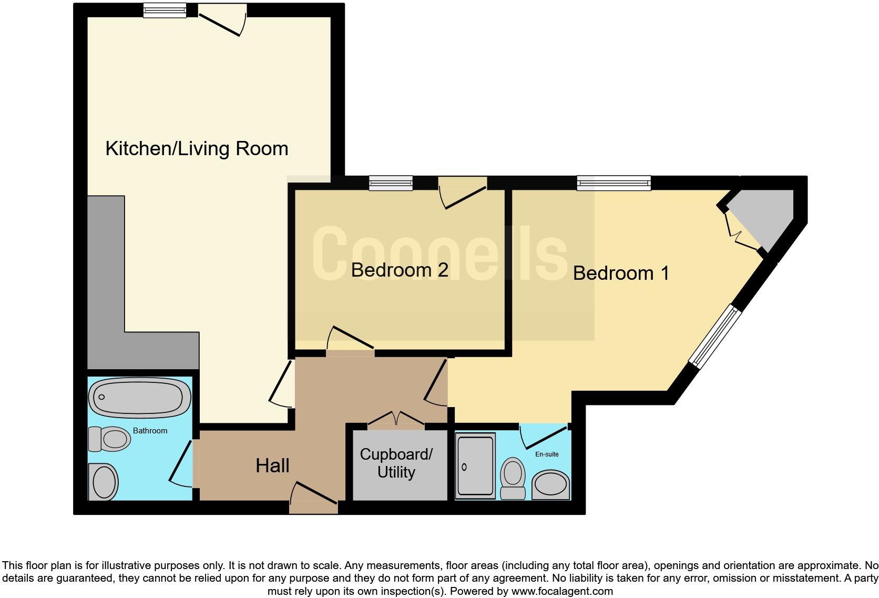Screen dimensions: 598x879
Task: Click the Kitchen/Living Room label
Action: click(197, 149)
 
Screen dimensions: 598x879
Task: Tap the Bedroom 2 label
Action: click(400, 270)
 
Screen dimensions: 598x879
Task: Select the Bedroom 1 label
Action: click(621, 273)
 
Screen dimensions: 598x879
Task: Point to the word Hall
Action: click(272, 465)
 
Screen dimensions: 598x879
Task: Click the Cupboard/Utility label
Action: click(396, 463)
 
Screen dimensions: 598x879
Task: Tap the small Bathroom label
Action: click(150, 431)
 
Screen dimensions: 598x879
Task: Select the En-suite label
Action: click(547, 454)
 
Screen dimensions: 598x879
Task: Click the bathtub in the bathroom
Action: click(140, 398)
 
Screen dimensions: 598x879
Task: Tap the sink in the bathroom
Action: click(104, 482)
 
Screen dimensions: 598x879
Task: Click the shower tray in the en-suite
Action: click(476, 465)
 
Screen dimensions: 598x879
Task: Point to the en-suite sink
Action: click(551, 485)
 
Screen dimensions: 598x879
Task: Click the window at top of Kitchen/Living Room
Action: click(165, 10)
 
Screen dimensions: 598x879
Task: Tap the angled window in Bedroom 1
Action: click(716, 336)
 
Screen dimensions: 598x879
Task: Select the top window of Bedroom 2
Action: click(391, 183)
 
